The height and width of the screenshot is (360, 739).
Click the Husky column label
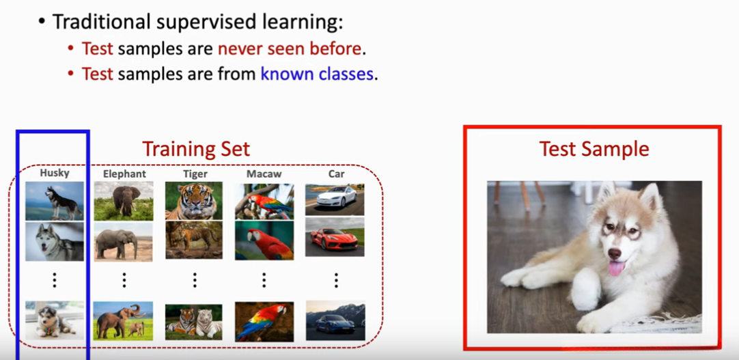pyautogui.click(x=55, y=173)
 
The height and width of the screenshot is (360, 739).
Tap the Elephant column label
pyautogui.click(x=124, y=174)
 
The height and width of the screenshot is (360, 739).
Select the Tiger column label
pyautogui.click(x=195, y=174)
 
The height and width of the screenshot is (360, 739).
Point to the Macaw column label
pyautogui.click(x=264, y=174)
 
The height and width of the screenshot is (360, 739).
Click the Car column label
pyautogui.click(x=337, y=174)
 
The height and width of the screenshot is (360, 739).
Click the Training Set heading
pyautogui.click(x=196, y=149)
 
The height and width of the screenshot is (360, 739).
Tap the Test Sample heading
pyautogui.click(x=594, y=149)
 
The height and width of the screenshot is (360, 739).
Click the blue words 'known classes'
pyautogui.click(x=317, y=74)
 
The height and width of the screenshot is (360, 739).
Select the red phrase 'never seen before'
pyautogui.click(x=290, y=49)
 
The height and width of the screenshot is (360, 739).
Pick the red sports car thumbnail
pyautogui.click(x=335, y=237)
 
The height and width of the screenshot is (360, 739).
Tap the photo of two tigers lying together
pyautogui.click(x=194, y=322)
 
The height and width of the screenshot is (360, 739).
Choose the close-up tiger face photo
pyautogui.click(x=194, y=202)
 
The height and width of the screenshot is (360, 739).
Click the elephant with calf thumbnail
pyautogui.click(x=123, y=321)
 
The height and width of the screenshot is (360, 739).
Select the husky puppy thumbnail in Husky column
pyautogui.click(x=55, y=320)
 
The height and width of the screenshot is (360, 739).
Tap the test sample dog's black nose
pyautogui.click(x=615, y=253)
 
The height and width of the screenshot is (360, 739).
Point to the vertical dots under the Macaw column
pyautogui.click(x=264, y=280)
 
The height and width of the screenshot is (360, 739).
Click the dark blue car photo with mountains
pyautogui.click(x=335, y=320)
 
